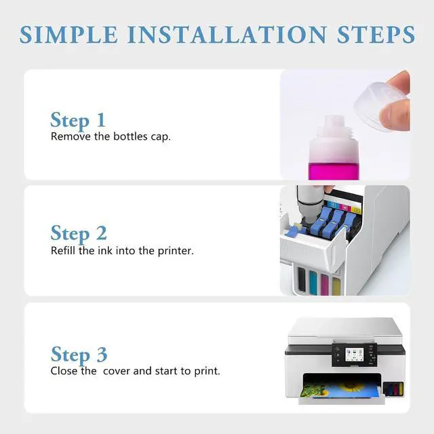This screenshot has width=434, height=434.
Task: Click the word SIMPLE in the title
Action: [x=69, y=35]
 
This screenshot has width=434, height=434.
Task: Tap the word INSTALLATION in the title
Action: [x=228, y=35]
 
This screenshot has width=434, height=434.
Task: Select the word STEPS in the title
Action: [x=376, y=35]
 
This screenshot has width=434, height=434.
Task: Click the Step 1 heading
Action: [x=78, y=121]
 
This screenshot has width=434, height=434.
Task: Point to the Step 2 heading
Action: [x=79, y=234]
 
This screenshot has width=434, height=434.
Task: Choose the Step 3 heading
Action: [x=79, y=355]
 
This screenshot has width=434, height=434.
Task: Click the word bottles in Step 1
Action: [x=130, y=136]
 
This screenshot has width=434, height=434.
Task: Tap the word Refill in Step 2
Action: [x=63, y=250]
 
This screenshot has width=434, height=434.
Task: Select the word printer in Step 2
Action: [x=176, y=251]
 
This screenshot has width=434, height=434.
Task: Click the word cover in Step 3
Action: [x=116, y=371]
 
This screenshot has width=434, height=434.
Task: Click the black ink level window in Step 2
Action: [x=301, y=279]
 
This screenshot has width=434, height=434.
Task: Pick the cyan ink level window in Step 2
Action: [x=313, y=282]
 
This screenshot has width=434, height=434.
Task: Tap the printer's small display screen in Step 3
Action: [x=354, y=355]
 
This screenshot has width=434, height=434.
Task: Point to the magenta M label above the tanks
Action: [x=344, y=208]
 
